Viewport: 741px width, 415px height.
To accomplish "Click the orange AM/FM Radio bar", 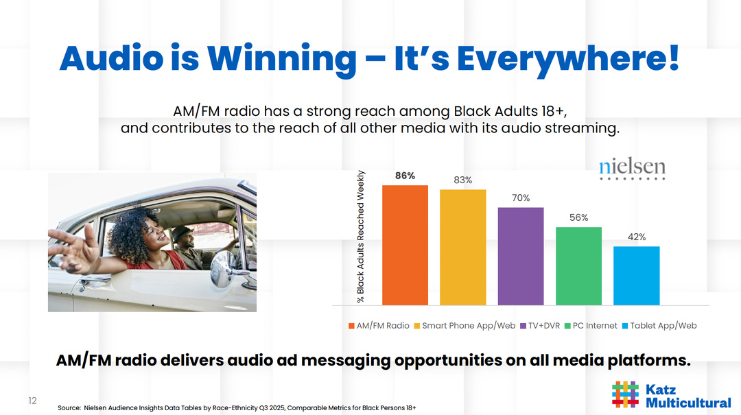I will tap(405, 245).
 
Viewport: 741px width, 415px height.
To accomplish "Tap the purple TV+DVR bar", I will tap(520, 256).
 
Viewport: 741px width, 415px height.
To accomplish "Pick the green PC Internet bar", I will tap(578, 266).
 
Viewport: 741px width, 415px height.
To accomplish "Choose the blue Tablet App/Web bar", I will tap(636, 276).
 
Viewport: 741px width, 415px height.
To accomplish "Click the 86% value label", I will tap(405, 176).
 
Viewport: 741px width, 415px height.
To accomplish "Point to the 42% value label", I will tap(637, 237).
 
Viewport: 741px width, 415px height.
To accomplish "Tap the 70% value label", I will tap(521, 198).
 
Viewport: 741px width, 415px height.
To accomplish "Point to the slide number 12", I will tap(32, 401).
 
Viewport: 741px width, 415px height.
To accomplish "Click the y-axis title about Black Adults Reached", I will tap(360, 237).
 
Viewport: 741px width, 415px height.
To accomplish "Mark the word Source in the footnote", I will tap(69, 408).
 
